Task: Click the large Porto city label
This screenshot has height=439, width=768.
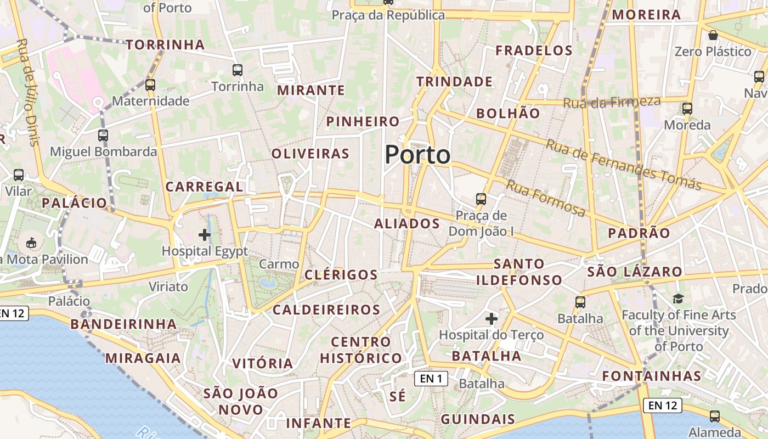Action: click(x=417, y=155)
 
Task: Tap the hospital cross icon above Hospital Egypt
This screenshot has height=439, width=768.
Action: click(x=205, y=235)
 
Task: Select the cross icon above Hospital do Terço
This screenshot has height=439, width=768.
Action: click(x=492, y=318)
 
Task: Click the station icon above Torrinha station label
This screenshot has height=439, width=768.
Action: click(x=238, y=70)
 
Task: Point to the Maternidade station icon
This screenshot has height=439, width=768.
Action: click(x=150, y=85)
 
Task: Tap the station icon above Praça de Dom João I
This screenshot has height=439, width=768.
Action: click(x=481, y=199)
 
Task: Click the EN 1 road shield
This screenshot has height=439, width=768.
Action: click(x=431, y=378)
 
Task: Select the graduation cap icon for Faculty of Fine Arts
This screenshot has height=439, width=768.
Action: click(x=679, y=299)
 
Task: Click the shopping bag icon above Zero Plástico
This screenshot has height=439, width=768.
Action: click(x=713, y=36)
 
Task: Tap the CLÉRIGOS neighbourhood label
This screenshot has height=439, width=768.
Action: click(x=341, y=275)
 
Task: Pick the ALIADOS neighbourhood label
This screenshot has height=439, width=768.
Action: click(x=407, y=224)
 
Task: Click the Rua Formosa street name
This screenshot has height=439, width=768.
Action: click(x=545, y=198)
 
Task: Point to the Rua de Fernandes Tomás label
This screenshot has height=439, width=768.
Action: click(x=624, y=165)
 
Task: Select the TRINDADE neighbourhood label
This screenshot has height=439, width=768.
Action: click(x=454, y=82)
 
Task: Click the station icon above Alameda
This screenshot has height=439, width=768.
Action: click(x=714, y=416)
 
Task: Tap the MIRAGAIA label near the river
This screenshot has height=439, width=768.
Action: click(x=143, y=358)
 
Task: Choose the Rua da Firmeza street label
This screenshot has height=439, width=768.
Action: click(x=612, y=102)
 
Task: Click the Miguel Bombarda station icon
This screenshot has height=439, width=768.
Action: click(x=103, y=135)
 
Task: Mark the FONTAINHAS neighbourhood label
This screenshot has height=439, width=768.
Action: click(x=652, y=376)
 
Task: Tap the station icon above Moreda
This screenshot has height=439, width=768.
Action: click(x=687, y=109)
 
